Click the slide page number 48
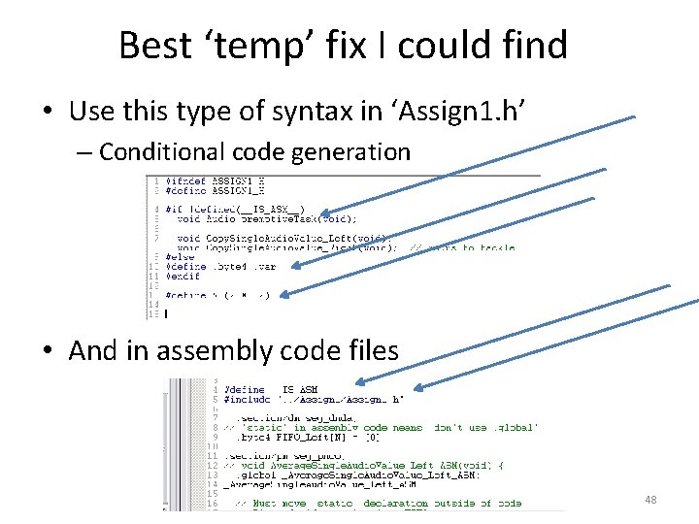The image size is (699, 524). [x=649, y=500]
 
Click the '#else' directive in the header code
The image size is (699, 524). [x=180, y=256]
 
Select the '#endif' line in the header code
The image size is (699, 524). [x=183, y=276]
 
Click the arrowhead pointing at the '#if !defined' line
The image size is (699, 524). [x=323, y=214]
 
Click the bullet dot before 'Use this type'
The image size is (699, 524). [x=47, y=112]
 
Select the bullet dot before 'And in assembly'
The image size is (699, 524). [x=47, y=351]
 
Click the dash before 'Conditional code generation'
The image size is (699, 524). [x=86, y=152]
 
